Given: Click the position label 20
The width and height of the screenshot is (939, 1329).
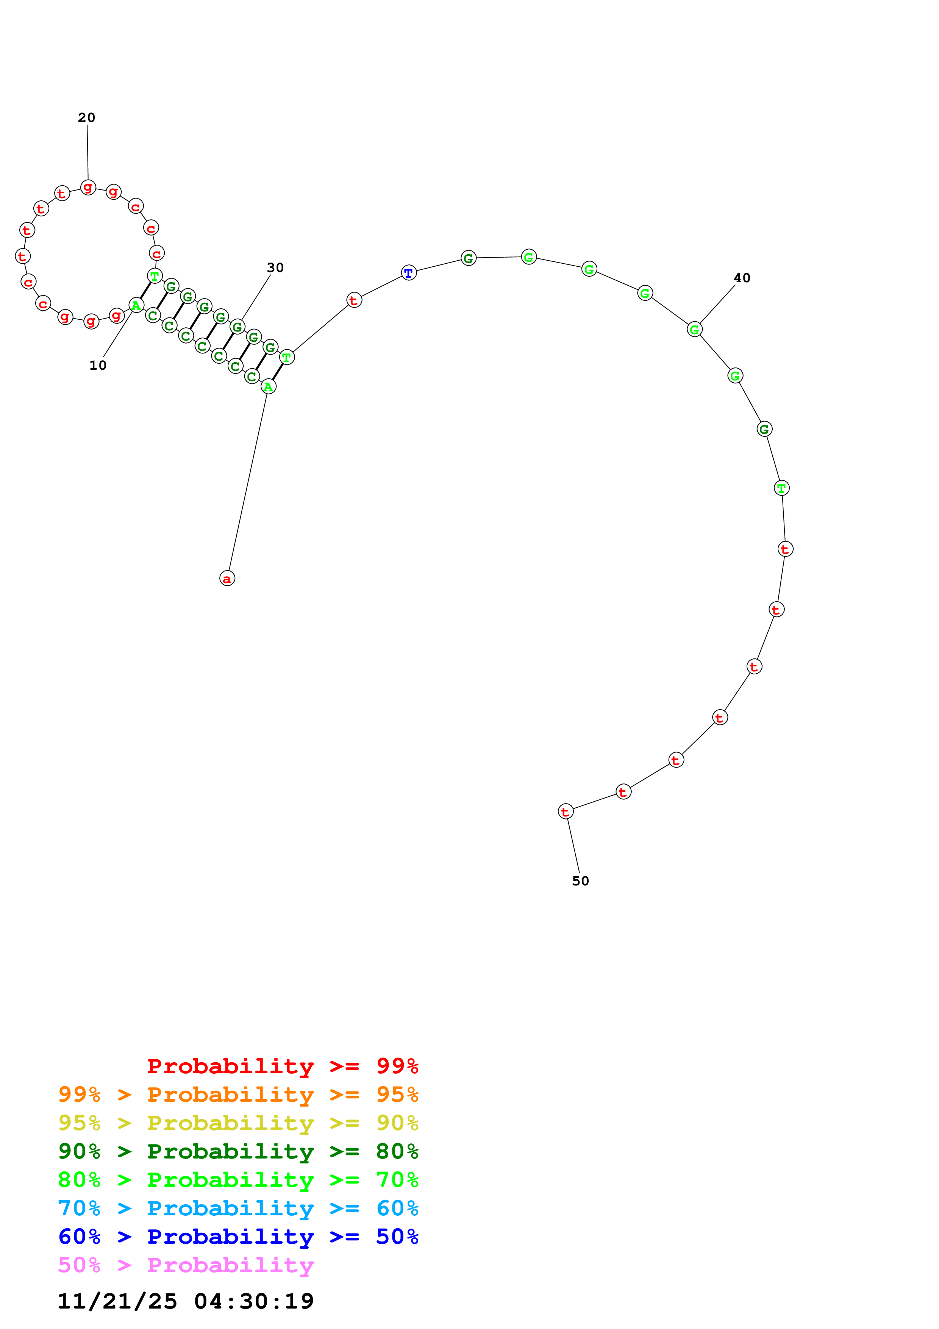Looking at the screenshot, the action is [87, 117].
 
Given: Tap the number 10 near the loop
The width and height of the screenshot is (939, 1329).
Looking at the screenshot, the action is [98, 365].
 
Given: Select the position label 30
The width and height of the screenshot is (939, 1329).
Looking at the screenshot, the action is [275, 267].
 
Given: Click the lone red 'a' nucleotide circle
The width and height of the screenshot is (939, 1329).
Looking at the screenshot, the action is [227, 578].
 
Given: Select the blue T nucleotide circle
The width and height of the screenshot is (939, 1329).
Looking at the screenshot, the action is [409, 273].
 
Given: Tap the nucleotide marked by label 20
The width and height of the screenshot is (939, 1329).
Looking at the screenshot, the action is [88, 187].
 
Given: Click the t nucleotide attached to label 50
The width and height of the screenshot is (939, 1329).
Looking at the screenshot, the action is [566, 811].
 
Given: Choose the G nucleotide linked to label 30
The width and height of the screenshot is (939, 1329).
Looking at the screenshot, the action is [237, 327].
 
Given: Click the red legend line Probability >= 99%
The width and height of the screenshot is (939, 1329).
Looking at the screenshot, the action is [283, 1066].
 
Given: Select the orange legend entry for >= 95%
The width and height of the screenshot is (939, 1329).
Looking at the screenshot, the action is [238, 1094].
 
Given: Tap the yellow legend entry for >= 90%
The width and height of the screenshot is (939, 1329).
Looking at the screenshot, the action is [238, 1123].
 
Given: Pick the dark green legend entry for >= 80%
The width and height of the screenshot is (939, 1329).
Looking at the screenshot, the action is [238, 1151].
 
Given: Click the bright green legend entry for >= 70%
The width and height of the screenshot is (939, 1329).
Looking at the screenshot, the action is [238, 1180].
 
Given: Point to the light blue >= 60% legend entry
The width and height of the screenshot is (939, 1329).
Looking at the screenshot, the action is [238, 1208].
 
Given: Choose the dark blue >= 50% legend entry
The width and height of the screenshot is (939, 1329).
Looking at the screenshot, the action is [238, 1237].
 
